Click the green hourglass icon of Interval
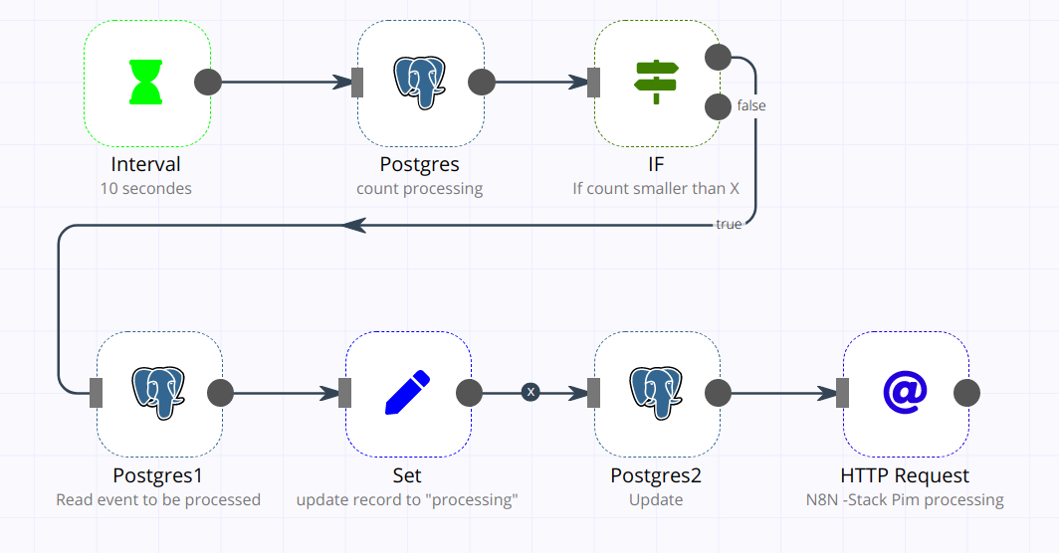pos(147,83)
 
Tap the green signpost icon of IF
pos(656,83)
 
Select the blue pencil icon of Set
pos(407,393)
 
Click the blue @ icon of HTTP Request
pos(905,393)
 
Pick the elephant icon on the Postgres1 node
pos(158,393)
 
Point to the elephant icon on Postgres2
pos(656,393)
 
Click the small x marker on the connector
pos(530,393)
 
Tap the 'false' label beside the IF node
pos(751,105)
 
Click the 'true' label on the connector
pos(729,225)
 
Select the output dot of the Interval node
pos(207,83)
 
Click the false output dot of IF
pos(718,106)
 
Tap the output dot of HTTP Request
pos(966,393)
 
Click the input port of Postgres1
pos(97,393)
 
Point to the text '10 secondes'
pos(146,188)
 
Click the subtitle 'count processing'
pos(419,188)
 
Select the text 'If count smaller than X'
pos(656,188)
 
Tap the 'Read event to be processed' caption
pos(158,499)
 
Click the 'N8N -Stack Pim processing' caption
pos(905,499)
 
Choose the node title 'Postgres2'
pos(656,475)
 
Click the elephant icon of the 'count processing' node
pos(419,83)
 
